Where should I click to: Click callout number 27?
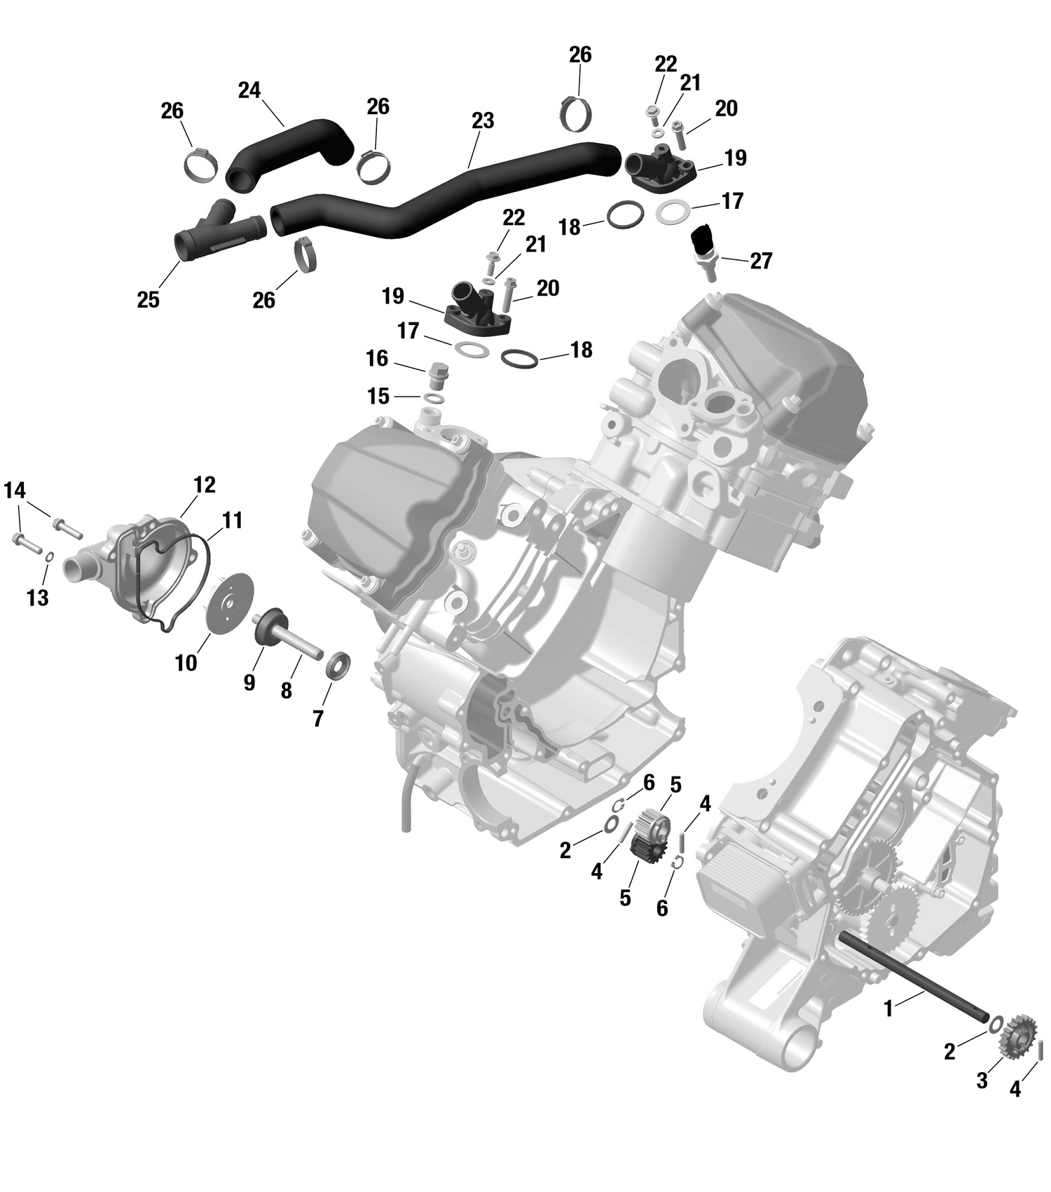point(761,261)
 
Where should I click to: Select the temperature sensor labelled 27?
point(702,249)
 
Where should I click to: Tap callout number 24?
point(249,90)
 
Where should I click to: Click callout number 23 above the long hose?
point(483,121)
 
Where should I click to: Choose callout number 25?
point(148,300)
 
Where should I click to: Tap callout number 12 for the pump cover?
point(205,484)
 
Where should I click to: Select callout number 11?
point(233,520)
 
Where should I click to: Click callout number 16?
point(377,359)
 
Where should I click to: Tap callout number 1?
point(888,1009)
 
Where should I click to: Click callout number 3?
point(982,1081)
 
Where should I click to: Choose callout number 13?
point(38,598)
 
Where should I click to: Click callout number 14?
point(15,491)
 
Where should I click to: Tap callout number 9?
point(249,682)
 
